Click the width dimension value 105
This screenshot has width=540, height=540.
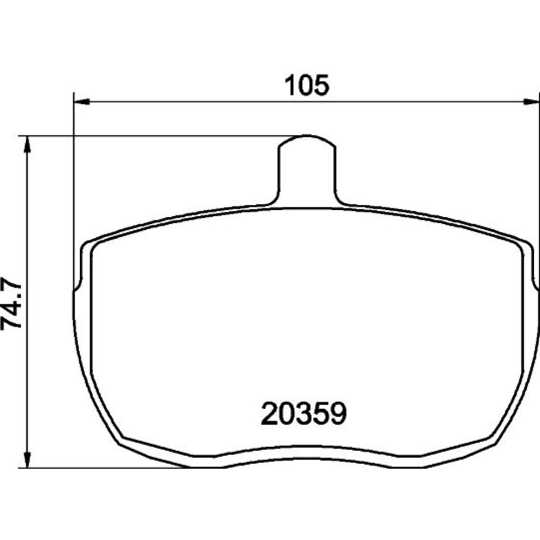[x=307, y=85]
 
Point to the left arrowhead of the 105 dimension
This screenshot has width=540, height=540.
[x=82, y=102]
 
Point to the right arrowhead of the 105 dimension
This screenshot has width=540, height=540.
[x=531, y=102]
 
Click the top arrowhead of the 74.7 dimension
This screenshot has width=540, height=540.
[x=28, y=144]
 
